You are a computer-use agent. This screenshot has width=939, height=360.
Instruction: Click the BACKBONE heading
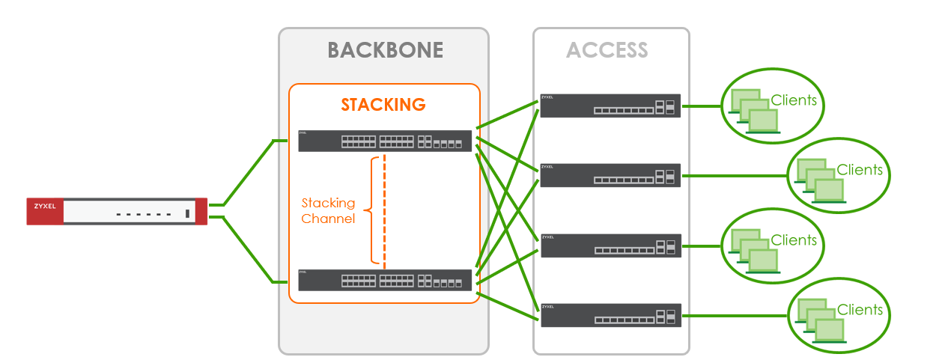pos(385,50)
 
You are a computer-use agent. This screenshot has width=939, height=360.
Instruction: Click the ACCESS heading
pos(607,50)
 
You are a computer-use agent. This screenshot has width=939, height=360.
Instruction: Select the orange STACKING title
pos(383,104)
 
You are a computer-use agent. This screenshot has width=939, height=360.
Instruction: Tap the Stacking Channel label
pos(328,210)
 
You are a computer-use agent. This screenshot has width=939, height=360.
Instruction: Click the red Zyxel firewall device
pos(117,212)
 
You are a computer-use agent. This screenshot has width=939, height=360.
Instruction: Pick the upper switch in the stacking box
pos(385,141)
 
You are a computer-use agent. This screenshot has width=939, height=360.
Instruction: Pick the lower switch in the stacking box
pos(385,280)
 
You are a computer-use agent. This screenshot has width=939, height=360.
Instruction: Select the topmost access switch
pos(610,106)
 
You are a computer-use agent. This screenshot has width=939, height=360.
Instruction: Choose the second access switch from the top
pos(610,175)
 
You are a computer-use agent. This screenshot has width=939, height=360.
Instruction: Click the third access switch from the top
pos(610,245)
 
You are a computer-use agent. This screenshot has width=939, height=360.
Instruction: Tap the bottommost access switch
pos(610,315)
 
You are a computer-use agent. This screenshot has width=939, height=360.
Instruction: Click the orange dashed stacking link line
pos(384,210)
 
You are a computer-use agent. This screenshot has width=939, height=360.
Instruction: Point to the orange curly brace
pos(369,210)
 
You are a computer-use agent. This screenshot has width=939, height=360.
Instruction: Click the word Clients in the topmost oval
pos(793,100)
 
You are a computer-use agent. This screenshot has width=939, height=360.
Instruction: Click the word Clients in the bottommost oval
pos(860,310)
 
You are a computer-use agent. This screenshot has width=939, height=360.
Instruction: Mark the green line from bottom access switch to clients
pos(734,315)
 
